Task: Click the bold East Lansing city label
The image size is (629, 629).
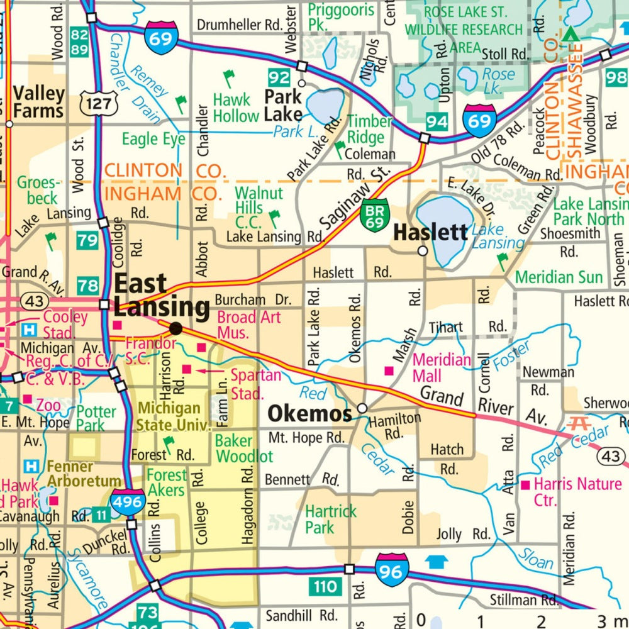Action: (161, 296)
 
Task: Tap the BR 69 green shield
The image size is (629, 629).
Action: (373, 217)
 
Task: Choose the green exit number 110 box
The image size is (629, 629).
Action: (325, 587)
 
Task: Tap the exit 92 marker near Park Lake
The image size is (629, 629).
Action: (278, 78)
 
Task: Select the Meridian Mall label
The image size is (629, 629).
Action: (442, 368)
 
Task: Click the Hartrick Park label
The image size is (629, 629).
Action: (330, 520)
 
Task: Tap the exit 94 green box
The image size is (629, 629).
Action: (437, 121)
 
